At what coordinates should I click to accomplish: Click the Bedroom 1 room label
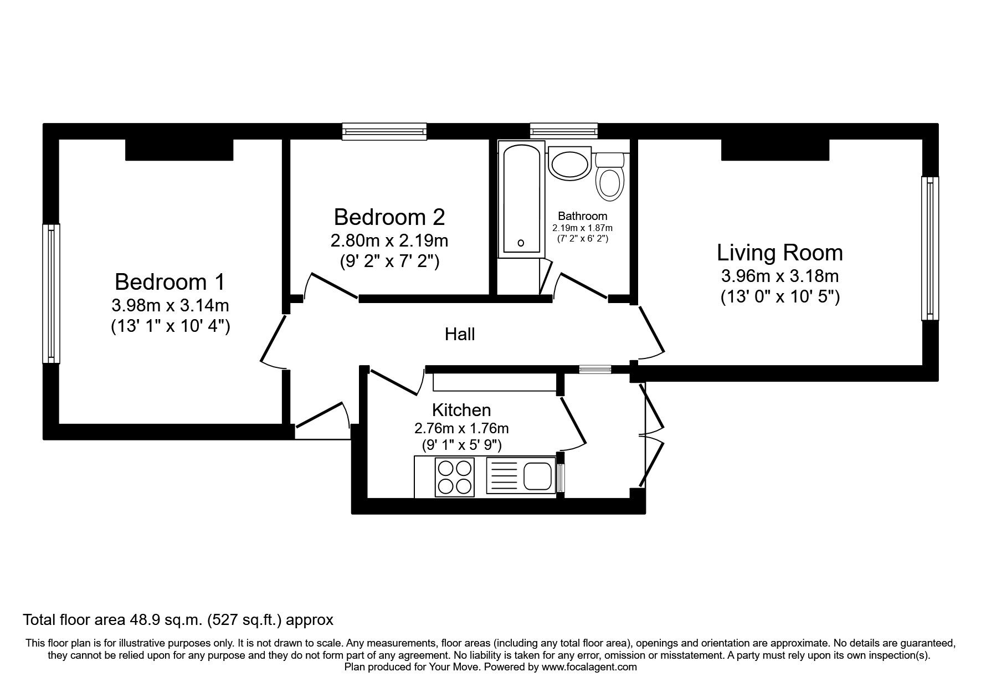170,282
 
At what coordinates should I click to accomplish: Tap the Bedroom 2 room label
389,217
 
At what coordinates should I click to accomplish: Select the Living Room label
779,253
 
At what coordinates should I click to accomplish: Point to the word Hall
460,334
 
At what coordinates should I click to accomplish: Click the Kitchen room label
461,410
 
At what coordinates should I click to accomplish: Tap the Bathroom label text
582,216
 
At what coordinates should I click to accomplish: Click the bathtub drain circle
521,243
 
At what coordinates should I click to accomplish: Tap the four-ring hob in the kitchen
455,477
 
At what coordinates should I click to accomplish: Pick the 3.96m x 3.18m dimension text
779,275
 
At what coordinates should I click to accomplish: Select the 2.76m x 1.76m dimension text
461,428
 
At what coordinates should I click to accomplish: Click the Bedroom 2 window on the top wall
384,131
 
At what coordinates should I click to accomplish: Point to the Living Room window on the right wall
929,248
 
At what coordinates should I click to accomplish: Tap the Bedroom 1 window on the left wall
51,294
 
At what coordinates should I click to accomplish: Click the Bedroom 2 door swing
331,286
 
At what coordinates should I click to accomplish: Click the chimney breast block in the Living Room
774,150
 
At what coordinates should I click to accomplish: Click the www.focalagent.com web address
589,667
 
